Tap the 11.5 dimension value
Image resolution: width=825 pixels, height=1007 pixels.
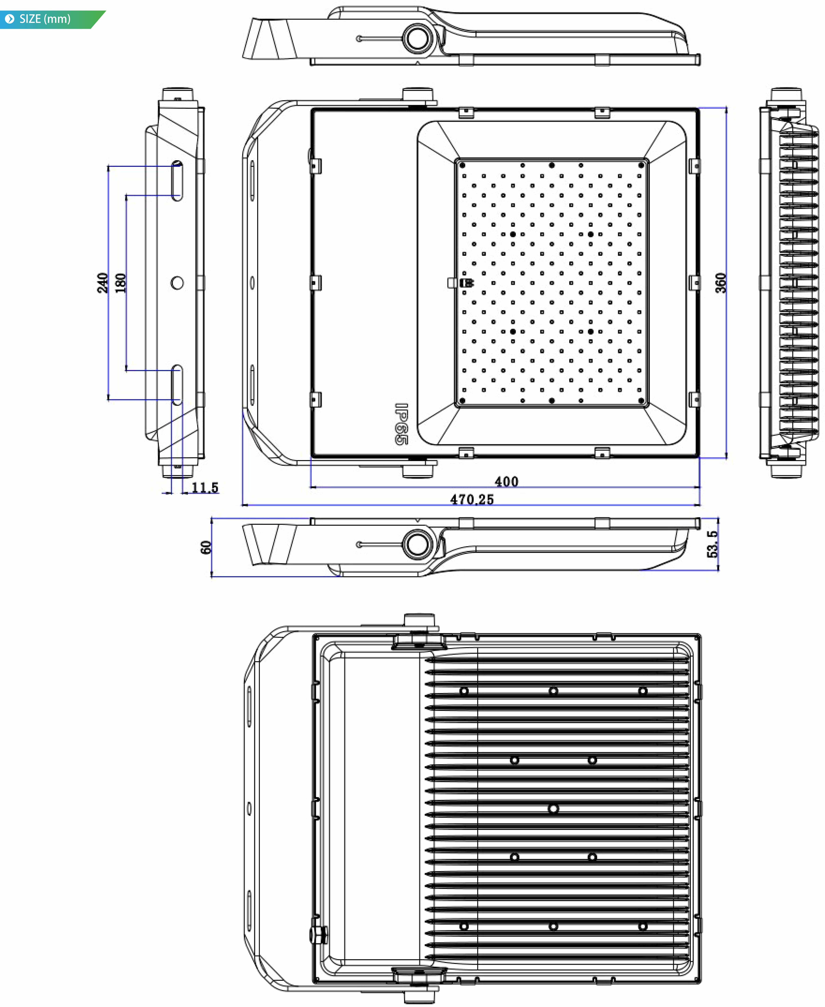click(x=205, y=488)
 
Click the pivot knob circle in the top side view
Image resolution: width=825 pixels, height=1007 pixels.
click(x=418, y=38)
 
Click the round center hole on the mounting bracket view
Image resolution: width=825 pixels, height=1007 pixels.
click(x=177, y=283)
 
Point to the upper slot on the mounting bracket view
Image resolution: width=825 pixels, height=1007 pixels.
click(x=177, y=181)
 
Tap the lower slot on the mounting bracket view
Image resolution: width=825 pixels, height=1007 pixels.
click(x=177, y=385)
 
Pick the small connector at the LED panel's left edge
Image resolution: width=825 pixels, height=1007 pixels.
click(x=467, y=283)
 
